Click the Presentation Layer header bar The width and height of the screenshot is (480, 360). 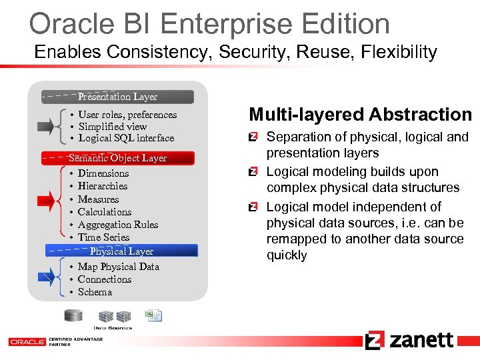(x=117, y=97)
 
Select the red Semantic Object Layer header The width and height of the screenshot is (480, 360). (x=117, y=158)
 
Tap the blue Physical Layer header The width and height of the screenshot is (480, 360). (x=121, y=251)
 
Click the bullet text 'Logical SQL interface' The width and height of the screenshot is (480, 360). (x=126, y=138)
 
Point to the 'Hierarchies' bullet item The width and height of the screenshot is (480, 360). (x=103, y=186)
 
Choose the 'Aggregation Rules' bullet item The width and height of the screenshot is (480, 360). (x=118, y=225)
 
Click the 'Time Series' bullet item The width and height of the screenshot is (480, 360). (x=103, y=237)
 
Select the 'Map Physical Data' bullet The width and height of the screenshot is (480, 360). (x=119, y=267)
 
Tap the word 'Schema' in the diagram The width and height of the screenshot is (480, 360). (x=95, y=292)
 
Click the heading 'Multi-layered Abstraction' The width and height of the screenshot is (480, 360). (x=360, y=115)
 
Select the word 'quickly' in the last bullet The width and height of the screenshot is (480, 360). (x=287, y=255)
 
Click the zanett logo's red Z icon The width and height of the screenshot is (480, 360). (x=374, y=340)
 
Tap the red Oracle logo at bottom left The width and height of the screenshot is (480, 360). (x=26, y=341)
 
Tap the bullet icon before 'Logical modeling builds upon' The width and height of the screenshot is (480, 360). (x=253, y=172)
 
